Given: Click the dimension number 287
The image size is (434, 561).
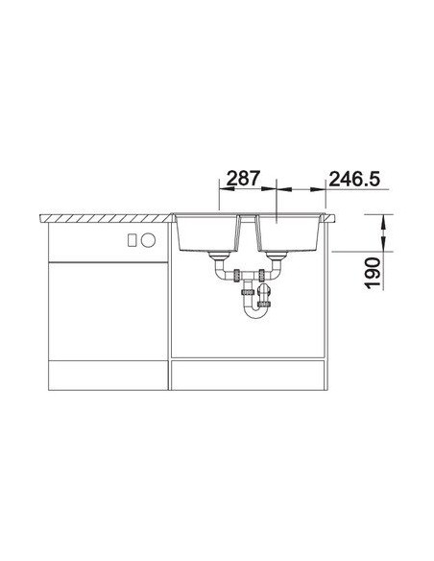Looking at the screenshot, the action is [243, 178].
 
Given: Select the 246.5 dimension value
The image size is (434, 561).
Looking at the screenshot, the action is [354, 179].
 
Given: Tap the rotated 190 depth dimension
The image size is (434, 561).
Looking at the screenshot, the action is [373, 273].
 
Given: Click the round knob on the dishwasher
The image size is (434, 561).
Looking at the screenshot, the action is [148, 240].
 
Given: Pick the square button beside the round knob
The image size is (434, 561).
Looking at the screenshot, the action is [132, 240].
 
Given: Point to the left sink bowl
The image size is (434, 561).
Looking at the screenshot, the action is [206, 233].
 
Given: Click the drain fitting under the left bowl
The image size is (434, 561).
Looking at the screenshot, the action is [220, 256].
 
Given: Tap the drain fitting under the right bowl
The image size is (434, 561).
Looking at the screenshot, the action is [277, 256].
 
